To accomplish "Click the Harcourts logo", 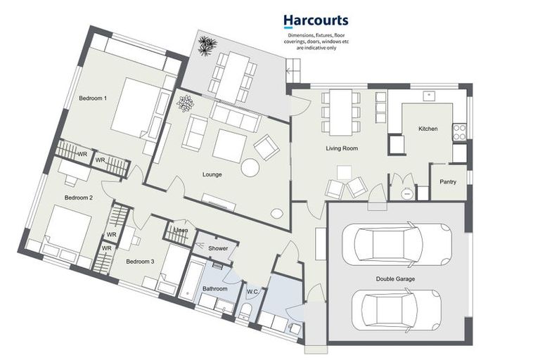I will point(315,21).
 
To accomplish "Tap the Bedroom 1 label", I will point(94,98).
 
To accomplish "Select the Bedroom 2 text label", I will point(79,198).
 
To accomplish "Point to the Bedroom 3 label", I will point(140,262).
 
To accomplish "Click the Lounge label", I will point(213,174).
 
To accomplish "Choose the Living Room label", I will point(342,148).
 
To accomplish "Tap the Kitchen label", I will point(428,129).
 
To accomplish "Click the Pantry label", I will point(448,182).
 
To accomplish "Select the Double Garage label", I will point(395,279).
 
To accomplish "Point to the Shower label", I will point(218,248).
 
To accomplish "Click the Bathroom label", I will point(215,288).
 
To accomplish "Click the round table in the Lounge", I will point(250,167).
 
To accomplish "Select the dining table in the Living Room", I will point(340,111).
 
